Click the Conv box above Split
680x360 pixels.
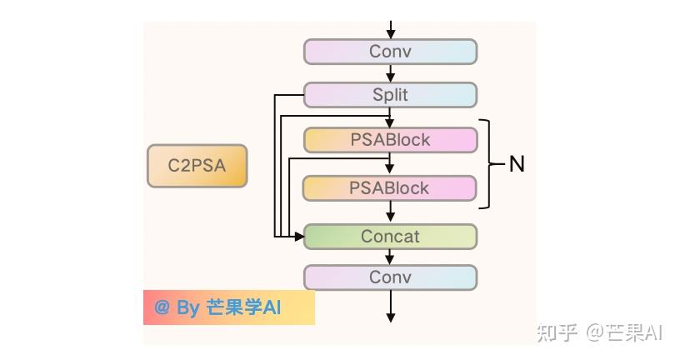390,52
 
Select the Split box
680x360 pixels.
390,94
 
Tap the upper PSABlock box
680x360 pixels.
390,140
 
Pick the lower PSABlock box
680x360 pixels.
389,188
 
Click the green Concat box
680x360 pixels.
390,237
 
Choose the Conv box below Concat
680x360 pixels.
390,277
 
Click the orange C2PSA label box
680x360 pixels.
197,166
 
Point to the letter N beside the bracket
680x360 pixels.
517,164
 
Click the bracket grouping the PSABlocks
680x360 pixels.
492,164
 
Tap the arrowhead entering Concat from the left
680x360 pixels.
299,237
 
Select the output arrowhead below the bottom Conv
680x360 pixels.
391,317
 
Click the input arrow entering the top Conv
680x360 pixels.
391,30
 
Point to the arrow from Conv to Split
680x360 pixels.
390,73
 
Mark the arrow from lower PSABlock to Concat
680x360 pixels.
390,212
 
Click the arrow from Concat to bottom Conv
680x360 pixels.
390,257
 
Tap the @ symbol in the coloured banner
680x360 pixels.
162,307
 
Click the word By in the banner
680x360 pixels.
187,308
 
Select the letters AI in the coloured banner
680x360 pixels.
272,307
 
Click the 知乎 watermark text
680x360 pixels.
557,333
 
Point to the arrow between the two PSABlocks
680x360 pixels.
389,164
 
